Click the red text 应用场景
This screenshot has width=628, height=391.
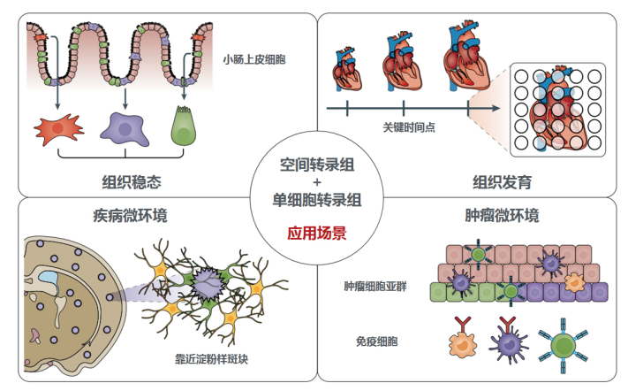(x=317, y=233)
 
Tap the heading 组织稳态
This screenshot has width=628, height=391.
(x=132, y=182)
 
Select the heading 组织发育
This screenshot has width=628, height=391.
(x=503, y=182)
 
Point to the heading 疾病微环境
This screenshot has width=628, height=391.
(x=130, y=215)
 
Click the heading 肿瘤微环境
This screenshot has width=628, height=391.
(x=503, y=215)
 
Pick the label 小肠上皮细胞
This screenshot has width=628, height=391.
(x=254, y=60)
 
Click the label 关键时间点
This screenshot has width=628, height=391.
(x=409, y=127)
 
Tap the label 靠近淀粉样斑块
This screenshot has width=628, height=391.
(x=211, y=358)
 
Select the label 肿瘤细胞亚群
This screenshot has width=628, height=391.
(x=375, y=286)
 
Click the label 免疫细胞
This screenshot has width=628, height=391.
(x=377, y=341)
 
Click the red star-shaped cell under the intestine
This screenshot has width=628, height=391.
(x=58, y=128)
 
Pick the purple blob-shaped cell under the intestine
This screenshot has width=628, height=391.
(x=125, y=129)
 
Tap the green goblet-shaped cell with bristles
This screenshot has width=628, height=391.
(x=184, y=126)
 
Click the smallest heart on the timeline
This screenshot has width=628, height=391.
(x=346, y=69)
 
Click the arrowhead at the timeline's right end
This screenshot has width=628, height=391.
(x=496, y=108)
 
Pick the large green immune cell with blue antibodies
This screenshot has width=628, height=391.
(x=564, y=346)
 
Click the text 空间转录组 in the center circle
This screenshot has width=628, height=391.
(x=317, y=165)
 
